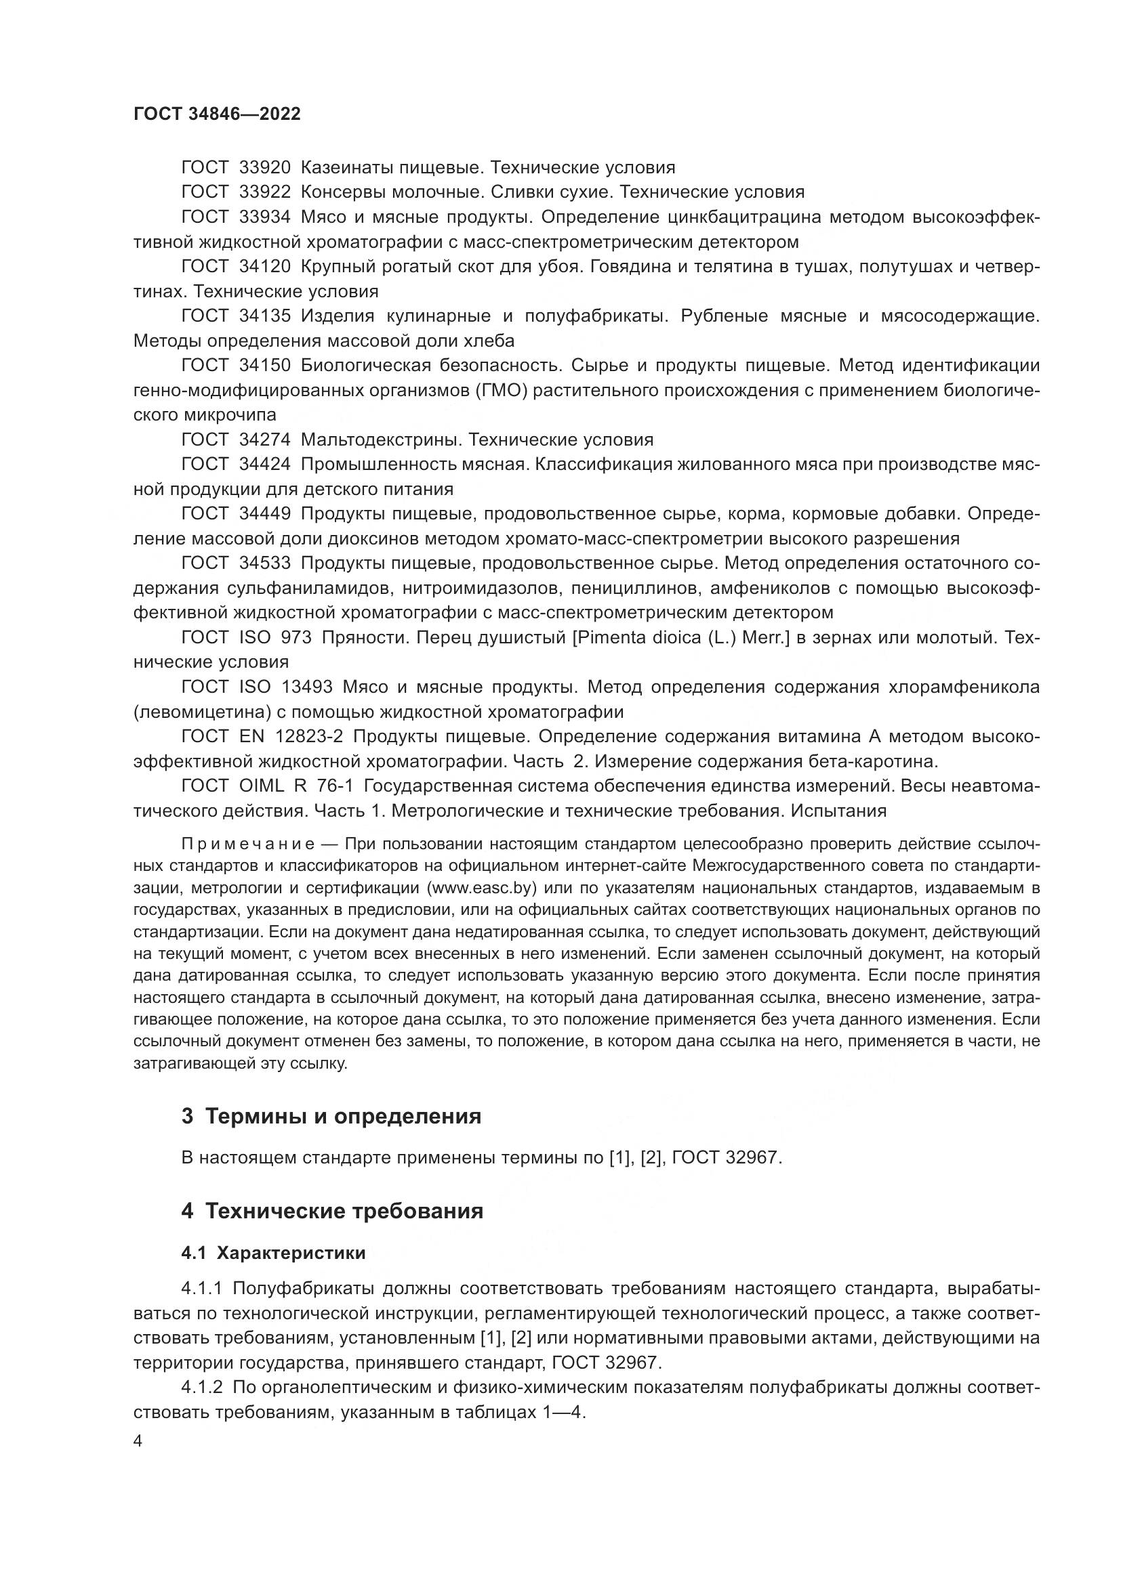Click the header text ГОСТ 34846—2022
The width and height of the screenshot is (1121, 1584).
(217, 114)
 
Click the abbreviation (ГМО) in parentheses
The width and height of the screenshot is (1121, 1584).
(501, 390)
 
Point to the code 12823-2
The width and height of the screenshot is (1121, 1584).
(308, 736)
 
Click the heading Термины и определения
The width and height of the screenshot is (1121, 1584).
(343, 1116)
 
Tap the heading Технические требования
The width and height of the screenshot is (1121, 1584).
(344, 1211)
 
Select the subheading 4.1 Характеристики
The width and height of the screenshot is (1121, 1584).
(273, 1254)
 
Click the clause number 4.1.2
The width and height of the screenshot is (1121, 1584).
(202, 1387)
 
